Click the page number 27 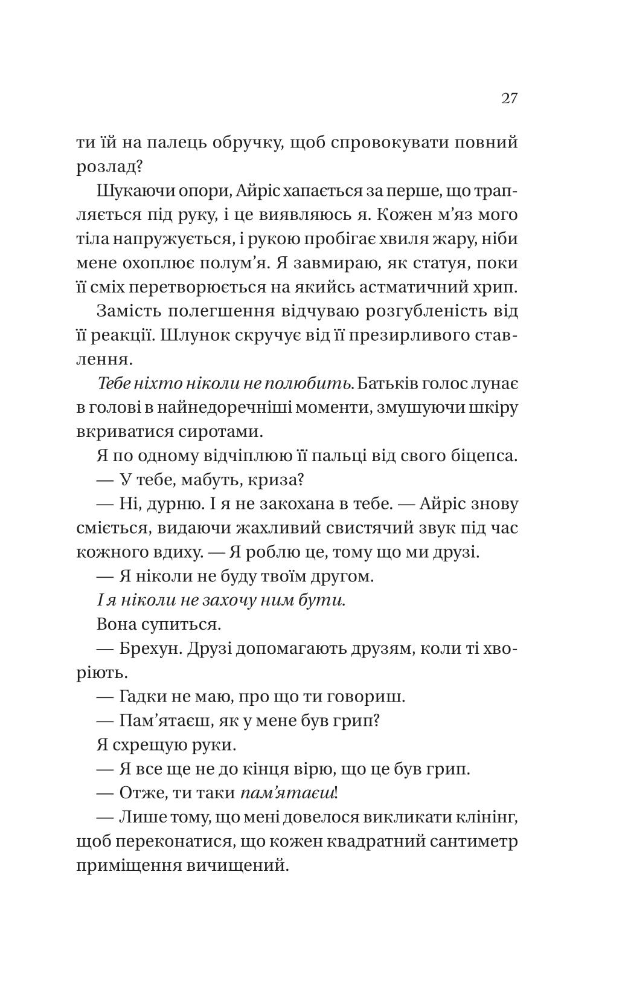[509, 99]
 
